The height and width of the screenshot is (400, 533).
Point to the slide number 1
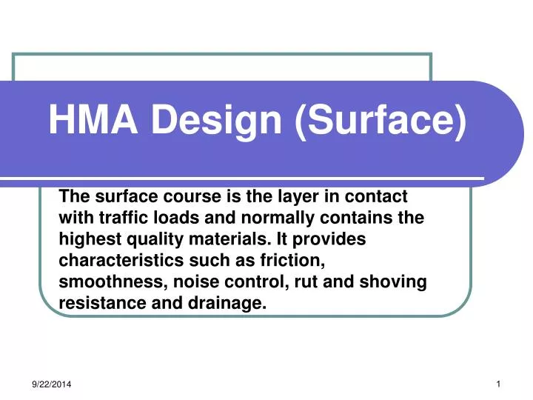pos(499,382)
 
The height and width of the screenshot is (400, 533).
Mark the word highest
pos(86,239)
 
